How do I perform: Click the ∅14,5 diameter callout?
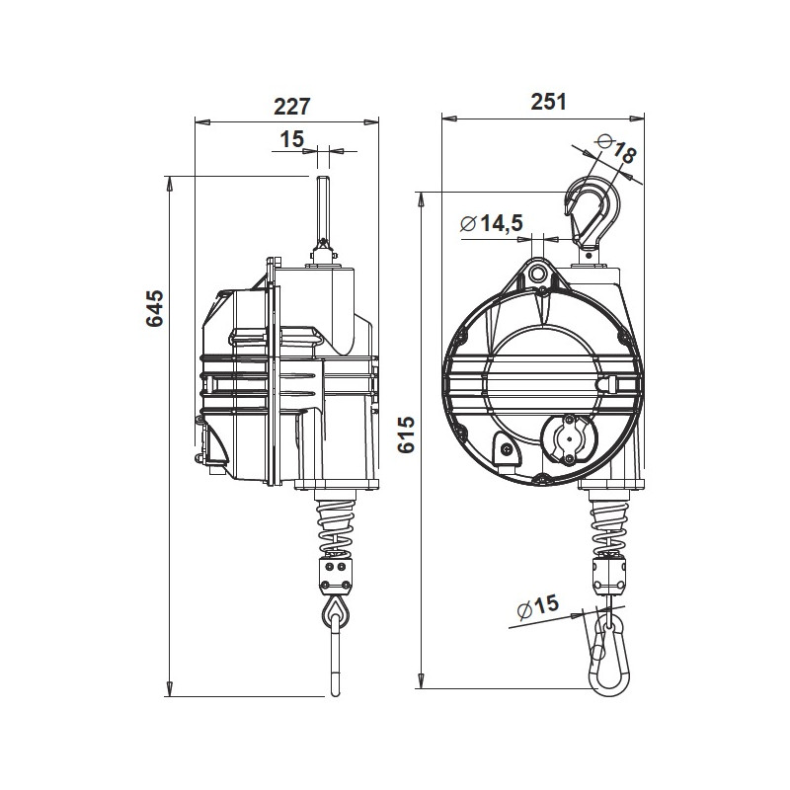pos(491,224)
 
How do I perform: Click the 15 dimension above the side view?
pos(291,139)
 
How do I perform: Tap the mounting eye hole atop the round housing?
pos(538,273)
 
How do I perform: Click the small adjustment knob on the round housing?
pos(568,435)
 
